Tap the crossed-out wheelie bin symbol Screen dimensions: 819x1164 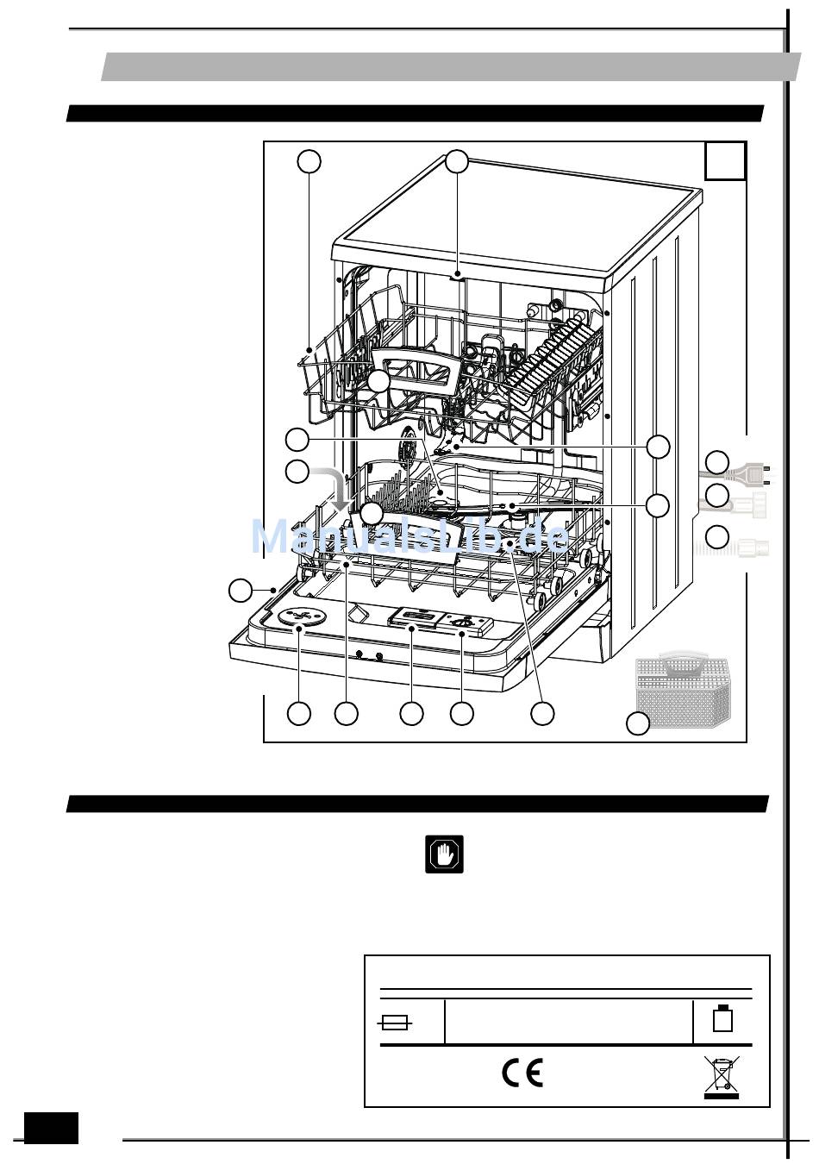(x=721, y=1078)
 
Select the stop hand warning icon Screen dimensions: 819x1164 (x=445, y=854)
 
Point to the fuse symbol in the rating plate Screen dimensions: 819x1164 (x=396, y=1023)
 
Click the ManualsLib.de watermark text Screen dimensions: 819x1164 (x=409, y=537)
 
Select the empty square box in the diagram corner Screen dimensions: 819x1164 (x=725, y=160)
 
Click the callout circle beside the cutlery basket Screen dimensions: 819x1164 (x=637, y=724)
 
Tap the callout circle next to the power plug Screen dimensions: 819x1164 (x=717, y=462)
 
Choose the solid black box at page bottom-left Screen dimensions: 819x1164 (x=51, y=1128)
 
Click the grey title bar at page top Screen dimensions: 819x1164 (x=451, y=66)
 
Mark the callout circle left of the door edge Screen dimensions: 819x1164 (x=241, y=591)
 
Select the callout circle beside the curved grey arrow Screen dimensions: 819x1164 (x=297, y=472)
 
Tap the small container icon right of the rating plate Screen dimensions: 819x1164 (x=722, y=1019)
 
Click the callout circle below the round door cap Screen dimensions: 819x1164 (x=299, y=713)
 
